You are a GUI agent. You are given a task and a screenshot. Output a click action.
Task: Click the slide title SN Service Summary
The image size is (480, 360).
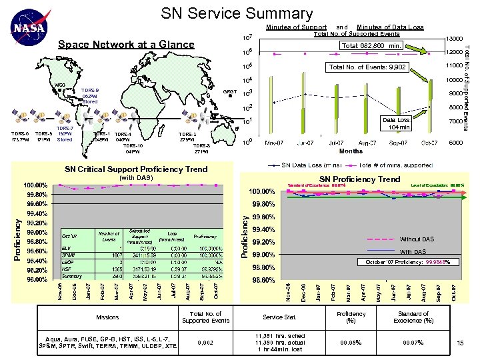237,13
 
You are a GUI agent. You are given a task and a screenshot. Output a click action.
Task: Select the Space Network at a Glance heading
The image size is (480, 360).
127,45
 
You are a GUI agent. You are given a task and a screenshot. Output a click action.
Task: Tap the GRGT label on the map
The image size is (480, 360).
230,91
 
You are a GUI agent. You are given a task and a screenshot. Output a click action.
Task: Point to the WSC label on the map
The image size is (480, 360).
59,85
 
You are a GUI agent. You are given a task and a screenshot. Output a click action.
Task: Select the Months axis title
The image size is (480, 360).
350,151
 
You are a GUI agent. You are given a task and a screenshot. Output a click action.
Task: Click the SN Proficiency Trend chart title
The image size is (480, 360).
360,179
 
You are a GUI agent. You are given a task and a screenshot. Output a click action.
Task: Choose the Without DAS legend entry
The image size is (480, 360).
417,239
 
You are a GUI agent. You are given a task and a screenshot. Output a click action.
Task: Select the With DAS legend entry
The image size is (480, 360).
413,251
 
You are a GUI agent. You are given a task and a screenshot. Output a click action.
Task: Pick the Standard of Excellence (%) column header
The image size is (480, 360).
413,317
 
